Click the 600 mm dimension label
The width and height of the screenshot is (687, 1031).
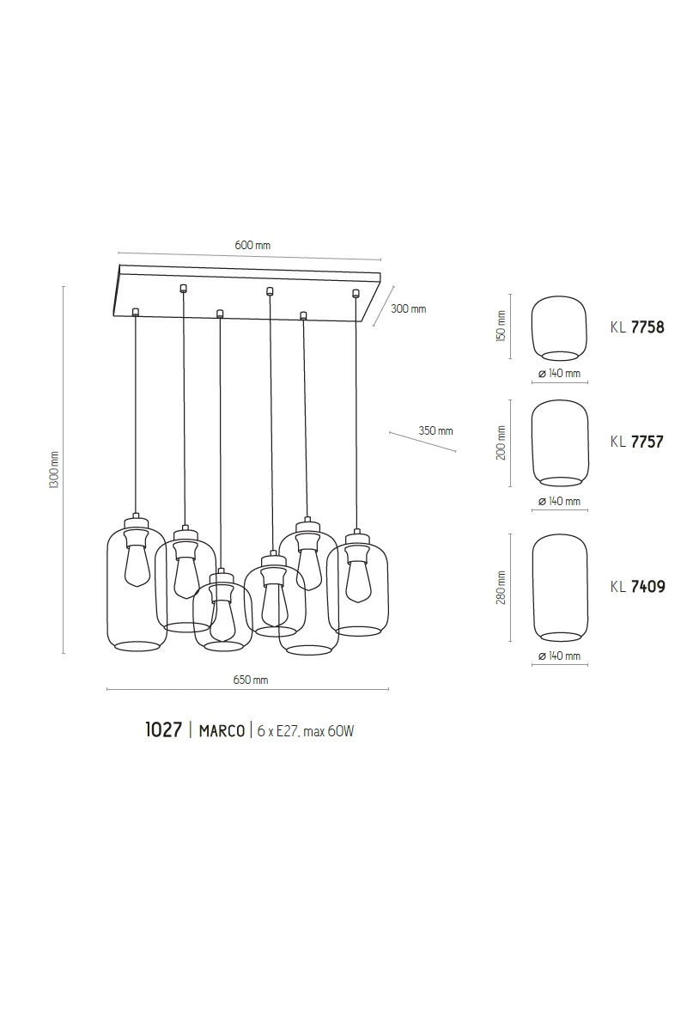click(252, 245)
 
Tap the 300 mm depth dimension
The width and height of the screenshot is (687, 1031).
click(408, 308)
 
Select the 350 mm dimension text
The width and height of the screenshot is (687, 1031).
click(435, 430)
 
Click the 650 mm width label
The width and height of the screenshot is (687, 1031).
click(250, 680)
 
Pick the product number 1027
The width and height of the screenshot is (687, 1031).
click(163, 730)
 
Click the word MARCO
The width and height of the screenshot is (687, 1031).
click(222, 731)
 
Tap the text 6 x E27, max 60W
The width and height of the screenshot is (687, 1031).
click(306, 731)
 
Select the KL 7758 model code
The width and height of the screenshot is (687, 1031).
click(637, 327)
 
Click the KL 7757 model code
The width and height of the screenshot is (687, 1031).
click(637, 442)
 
